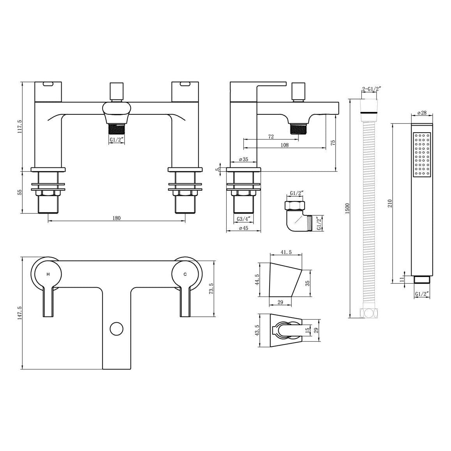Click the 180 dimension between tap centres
pyautogui.click(x=116, y=218)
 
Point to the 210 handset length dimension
pyautogui.click(x=389, y=203)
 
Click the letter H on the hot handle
pyautogui.click(x=48, y=274)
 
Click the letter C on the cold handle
pyautogui.click(x=185, y=274)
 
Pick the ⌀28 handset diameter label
pyautogui.click(x=421, y=113)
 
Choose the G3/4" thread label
pyautogui.click(x=243, y=219)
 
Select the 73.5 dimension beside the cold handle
pyautogui.click(x=211, y=289)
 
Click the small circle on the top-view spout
pyautogui.click(x=116, y=328)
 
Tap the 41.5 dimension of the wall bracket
pyautogui.click(x=286, y=252)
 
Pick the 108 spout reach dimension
pyautogui.click(x=284, y=145)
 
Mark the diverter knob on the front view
pyautogui.click(x=116, y=91)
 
